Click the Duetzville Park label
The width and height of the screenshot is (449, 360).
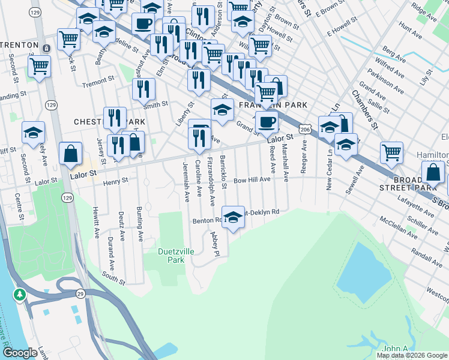pyautogui.click(x=176, y=256)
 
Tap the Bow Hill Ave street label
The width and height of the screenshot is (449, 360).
pyautogui.click(x=252, y=179)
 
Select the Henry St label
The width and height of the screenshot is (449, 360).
pyautogui.click(x=116, y=181)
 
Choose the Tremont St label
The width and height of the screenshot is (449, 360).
pyautogui.click(x=98, y=80)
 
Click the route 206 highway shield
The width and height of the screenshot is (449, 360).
pyautogui.click(x=305, y=129)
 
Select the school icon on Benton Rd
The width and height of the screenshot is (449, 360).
pyautogui.click(x=233, y=216)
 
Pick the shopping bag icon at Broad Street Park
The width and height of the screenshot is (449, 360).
pyautogui.click(x=433, y=172)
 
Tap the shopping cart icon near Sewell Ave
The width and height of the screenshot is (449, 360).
pyautogui.click(x=391, y=152)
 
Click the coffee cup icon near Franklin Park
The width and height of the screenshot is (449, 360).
pyautogui.click(x=267, y=122)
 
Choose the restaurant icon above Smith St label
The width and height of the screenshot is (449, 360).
pyautogui.click(x=143, y=89)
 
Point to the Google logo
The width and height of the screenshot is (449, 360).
pyautogui.click(x=20, y=353)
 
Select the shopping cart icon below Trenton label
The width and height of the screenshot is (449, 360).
pyautogui.click(x=39, y=66)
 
